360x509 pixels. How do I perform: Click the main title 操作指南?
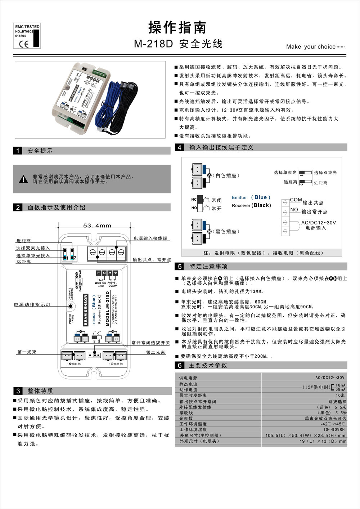[177, 27]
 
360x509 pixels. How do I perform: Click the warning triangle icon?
[23, 179]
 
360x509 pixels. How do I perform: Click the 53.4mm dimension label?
[97, 226]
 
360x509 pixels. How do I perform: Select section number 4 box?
[180, 147]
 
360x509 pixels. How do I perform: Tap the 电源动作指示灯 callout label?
[32, 305]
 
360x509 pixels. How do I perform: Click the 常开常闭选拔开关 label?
[150, 343]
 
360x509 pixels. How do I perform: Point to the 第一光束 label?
[27, 352]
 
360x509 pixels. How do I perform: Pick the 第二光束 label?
[156, 352]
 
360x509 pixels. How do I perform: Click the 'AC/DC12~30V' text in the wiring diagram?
[318, 223]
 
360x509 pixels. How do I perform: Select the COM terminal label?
[296, 200]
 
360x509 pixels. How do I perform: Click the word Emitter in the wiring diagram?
[239, 197]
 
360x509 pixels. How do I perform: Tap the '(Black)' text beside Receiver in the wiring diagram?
[261, 205]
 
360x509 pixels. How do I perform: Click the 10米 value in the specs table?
[340, 395]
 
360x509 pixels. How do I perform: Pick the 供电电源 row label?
[188, 378]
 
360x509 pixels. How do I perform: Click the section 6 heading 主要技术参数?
[208, 365]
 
